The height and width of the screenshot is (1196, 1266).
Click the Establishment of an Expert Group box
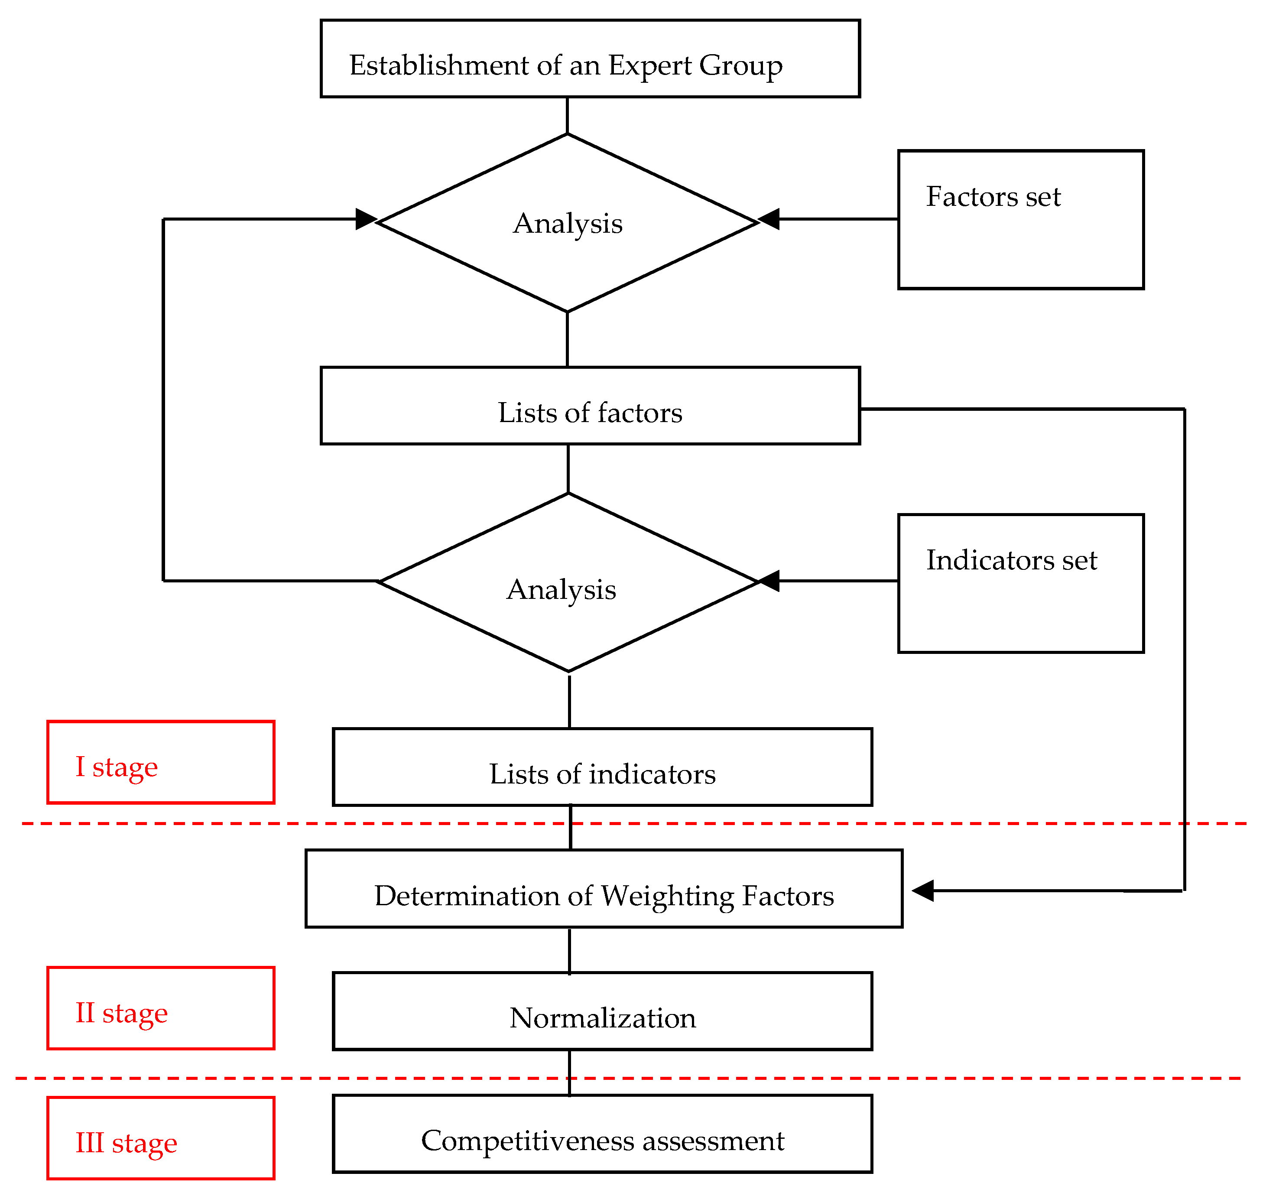point(590,58)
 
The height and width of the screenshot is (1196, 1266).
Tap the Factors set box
point(1020,220)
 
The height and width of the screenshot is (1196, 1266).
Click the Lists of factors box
point(590,406)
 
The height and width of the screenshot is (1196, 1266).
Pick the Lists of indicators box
point(602,767)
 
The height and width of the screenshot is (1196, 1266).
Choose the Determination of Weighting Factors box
point(603,889)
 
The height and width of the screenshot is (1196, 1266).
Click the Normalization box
point(602,1012)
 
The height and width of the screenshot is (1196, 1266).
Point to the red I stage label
point(161,763)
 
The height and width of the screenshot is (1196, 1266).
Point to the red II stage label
point(161,1009)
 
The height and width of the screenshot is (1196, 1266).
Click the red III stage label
point(161,1139)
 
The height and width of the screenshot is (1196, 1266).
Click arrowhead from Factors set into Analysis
point(769,219)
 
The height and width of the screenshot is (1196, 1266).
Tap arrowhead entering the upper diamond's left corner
point(366,219)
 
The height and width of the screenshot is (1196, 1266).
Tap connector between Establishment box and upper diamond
point(567,115)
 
